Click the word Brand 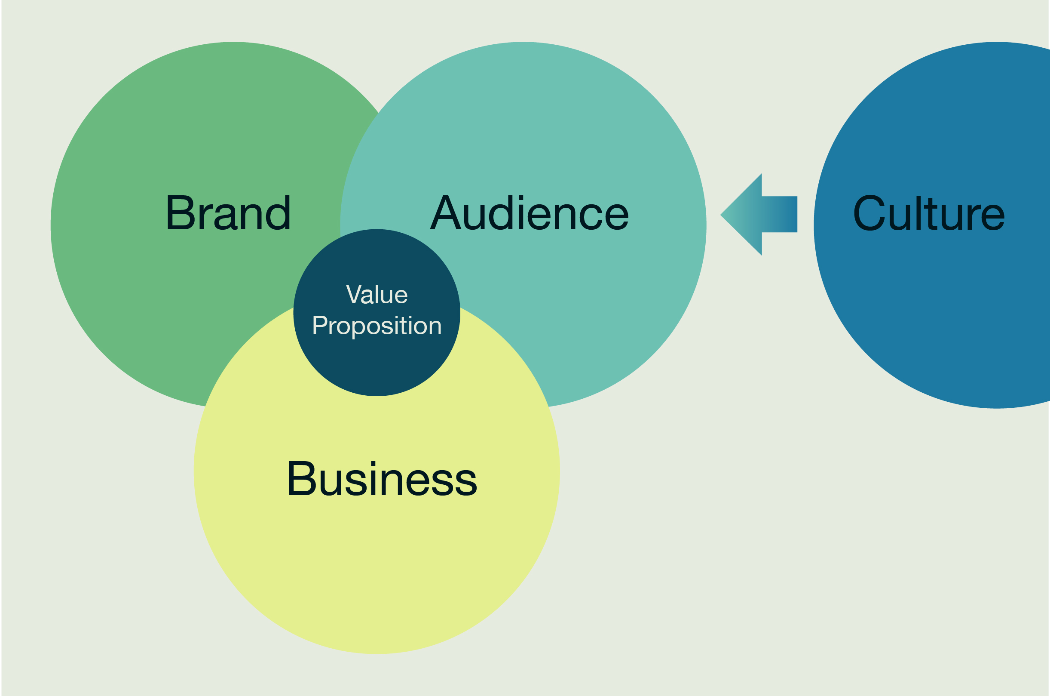coord(228,212)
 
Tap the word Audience coord(529,213)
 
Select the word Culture coord(928,213)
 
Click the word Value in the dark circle coord(377,294)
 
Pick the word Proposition coord(377,326)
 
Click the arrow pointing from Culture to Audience coord(759,214)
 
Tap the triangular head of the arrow coord(745,214)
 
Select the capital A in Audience coord(445,212)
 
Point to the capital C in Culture coord(869,213)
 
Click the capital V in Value coord(353,294)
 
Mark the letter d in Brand coord(278,212)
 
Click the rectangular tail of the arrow coord(780,214)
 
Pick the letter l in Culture coord(918,213)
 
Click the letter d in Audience coord(501,213)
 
